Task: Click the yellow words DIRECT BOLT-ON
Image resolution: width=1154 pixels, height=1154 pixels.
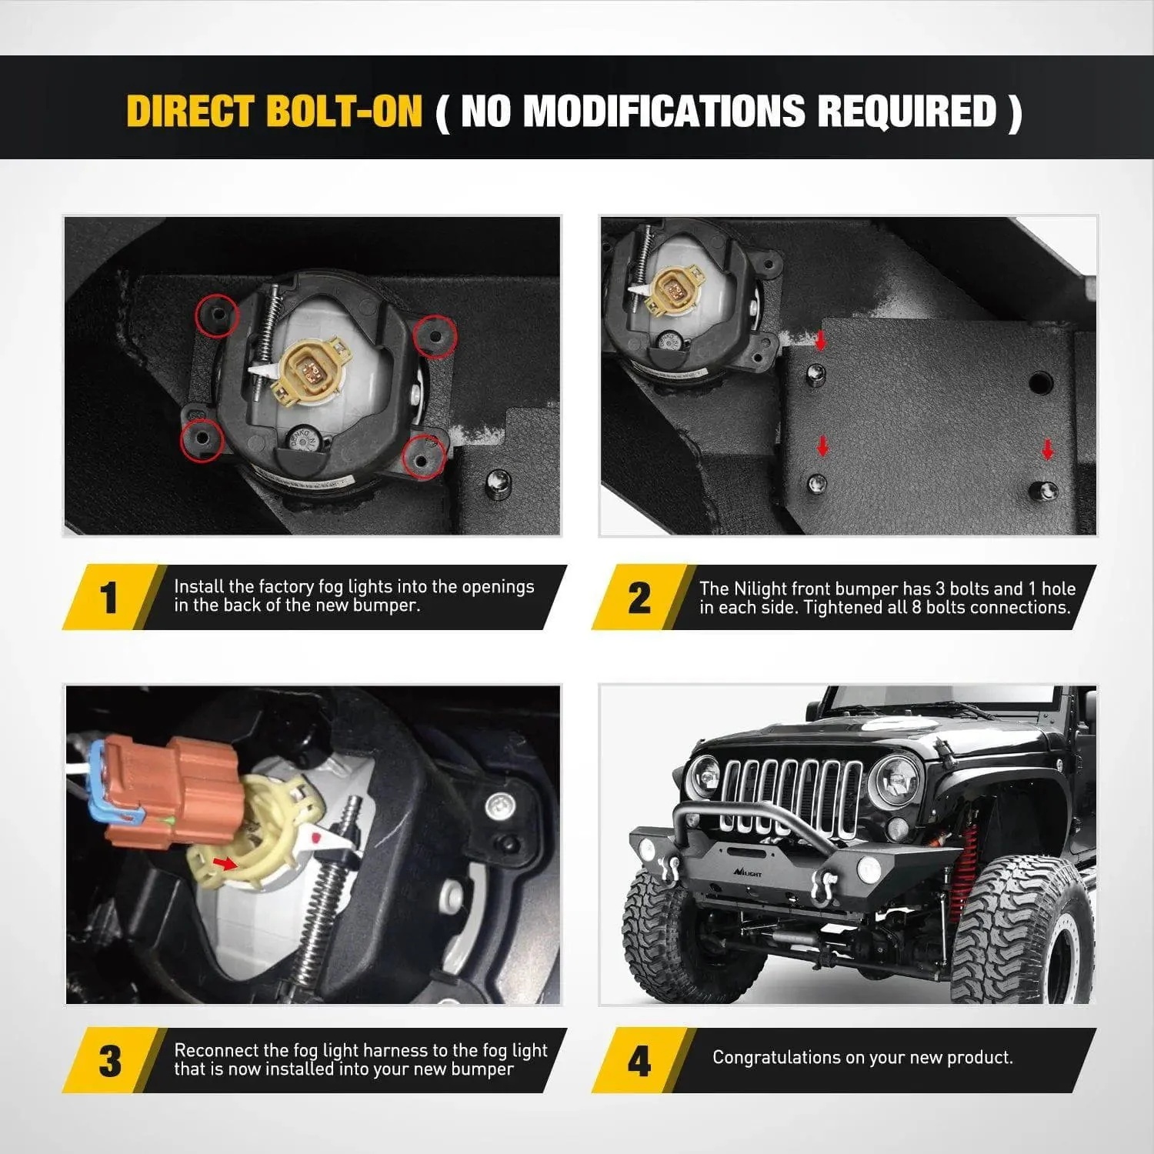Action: tap(275, 111)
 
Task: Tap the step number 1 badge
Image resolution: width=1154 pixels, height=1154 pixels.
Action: tap(110, 598)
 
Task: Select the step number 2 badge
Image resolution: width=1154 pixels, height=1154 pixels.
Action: tap(639, 598)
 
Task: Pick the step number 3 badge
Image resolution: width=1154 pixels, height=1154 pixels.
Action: tap(110, 1061)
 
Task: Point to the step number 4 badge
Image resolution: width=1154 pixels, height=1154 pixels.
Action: tap(639, 1061)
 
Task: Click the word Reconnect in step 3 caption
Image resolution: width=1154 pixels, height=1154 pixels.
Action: tap(216, 1050)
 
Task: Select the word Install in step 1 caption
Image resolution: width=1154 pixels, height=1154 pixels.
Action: tap(198, 586)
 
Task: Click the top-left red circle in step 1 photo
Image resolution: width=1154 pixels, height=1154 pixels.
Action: tap(217, 315)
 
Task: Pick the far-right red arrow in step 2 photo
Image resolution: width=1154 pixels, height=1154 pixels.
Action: tap(1047, 449)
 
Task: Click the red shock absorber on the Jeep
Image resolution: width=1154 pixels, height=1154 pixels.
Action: tap(968, 854)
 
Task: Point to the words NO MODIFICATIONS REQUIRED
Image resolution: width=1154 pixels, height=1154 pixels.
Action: tap(728, 111)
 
